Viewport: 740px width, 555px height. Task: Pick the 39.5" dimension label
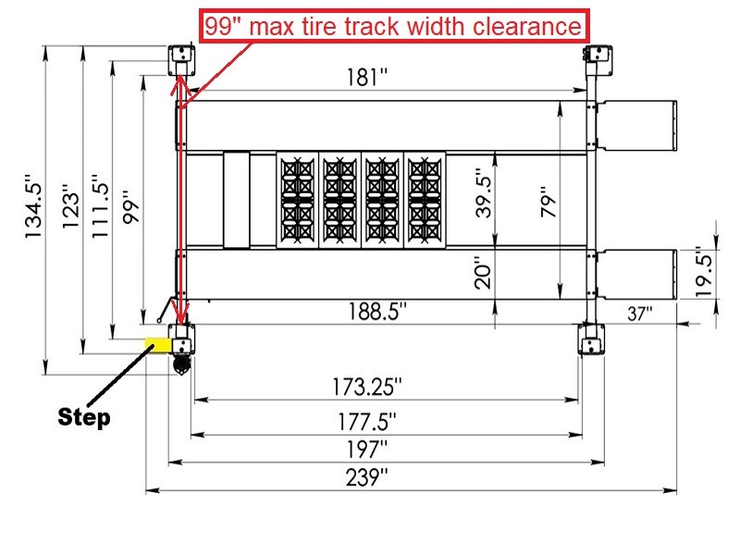(x=482, y=192)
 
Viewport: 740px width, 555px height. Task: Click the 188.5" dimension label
(x=376, y=311)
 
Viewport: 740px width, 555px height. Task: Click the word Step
(x=84, y=417)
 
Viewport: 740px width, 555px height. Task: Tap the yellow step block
(x=156, y=343)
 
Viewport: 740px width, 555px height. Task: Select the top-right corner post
(x=600, y=60)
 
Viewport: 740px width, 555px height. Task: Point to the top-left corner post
(x=179, y=60)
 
